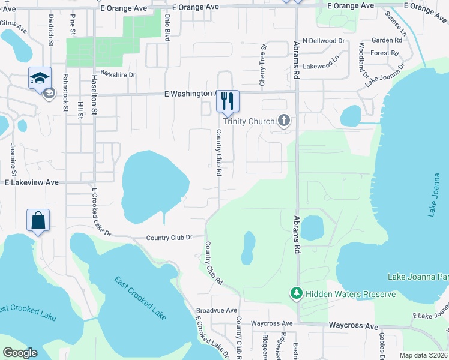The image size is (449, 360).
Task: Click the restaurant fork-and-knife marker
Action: coord(228,101)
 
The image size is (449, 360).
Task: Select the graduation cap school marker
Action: coord(40,78)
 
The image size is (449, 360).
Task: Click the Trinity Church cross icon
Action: coord(284,121)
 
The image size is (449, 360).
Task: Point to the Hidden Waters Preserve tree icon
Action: coord(296,293)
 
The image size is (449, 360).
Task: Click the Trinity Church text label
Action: coord(249,121)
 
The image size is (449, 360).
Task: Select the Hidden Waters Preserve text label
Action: coord(351,294)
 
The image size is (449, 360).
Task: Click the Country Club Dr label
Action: coord(169,238)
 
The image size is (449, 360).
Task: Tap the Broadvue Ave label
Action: coord(214,311)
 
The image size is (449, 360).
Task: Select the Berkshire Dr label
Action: coord(118,75)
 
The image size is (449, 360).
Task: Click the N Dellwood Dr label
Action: coord(326,41)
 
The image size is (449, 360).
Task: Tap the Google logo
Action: coord(20,353)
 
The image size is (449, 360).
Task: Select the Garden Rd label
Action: coord(386,40)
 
